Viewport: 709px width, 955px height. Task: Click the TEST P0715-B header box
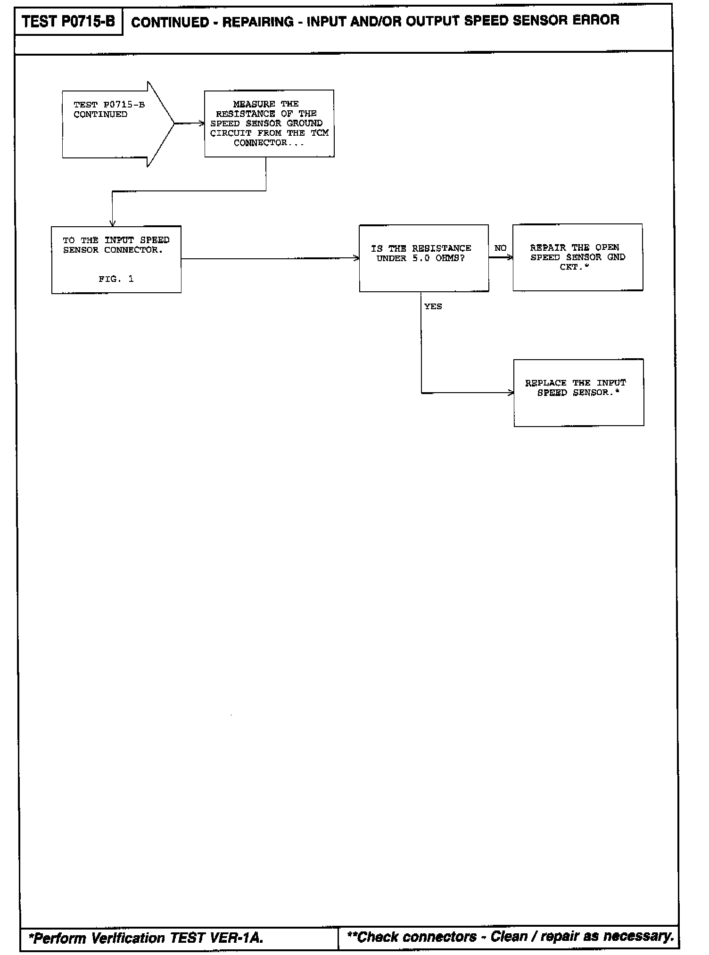(68, 22)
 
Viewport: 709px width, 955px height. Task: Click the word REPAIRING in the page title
(257, 22)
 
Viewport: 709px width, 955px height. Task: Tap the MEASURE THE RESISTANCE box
(269, 123)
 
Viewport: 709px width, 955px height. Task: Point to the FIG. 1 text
(116, 279)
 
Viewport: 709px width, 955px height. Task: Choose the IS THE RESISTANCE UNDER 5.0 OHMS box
(423, 258)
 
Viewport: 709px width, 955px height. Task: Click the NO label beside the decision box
(500, 248)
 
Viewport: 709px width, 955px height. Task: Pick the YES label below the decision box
(433, 306)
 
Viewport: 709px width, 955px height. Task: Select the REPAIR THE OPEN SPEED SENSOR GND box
(577, 257)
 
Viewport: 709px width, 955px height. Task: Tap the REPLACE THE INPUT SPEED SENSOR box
(578, 393)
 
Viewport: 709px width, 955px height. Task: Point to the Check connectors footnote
(510, 936)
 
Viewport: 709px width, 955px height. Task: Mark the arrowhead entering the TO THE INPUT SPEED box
(112, 223)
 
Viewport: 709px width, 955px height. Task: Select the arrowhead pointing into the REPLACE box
(511, 393)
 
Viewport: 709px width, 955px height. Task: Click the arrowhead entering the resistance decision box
(356, 258)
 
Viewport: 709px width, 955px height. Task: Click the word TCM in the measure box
(319, 133)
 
